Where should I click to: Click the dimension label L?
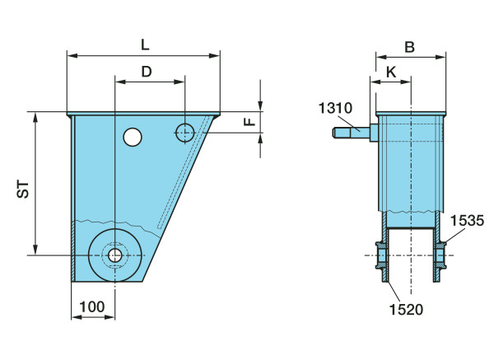tap(145, 44)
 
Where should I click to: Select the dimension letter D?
tap(147, 72)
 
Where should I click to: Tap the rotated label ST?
tap(23, 189)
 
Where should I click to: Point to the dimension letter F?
tap(249, 121)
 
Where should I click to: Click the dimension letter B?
tap(409, 47)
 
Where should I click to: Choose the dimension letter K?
tap(391, 72)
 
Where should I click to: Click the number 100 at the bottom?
tap(91, 306)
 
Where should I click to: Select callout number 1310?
tap(335, 108)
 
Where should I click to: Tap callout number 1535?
tap(467, 221)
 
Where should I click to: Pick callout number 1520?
tap(406, 309)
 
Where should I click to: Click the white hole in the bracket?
tap(133, 137)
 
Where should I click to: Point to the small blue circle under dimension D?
tap(185, 133)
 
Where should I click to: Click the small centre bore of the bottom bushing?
tap(115, 255)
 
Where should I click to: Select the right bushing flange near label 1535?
tap(440, 255)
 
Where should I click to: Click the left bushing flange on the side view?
tap(382, 255)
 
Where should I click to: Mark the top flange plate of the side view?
tap(411, 114)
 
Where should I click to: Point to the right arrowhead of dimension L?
tap(215, 56)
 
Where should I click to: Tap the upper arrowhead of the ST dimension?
tap(35, 117)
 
